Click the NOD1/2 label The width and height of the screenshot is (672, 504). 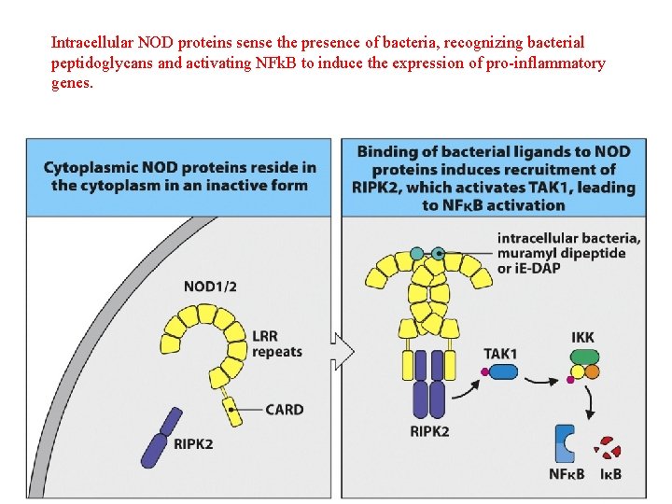point(209,287)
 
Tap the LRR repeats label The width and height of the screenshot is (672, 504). point(277,343)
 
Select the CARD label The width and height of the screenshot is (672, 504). point(284,410)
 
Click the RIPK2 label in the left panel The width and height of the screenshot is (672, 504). point(193,443)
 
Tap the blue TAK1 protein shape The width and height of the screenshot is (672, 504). point(504,371)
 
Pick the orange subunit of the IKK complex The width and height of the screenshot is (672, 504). point(592,371)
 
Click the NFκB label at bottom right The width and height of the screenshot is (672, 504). point(567,474)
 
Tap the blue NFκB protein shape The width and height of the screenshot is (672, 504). point(566,443)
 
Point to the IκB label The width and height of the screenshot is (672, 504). point(611,474)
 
